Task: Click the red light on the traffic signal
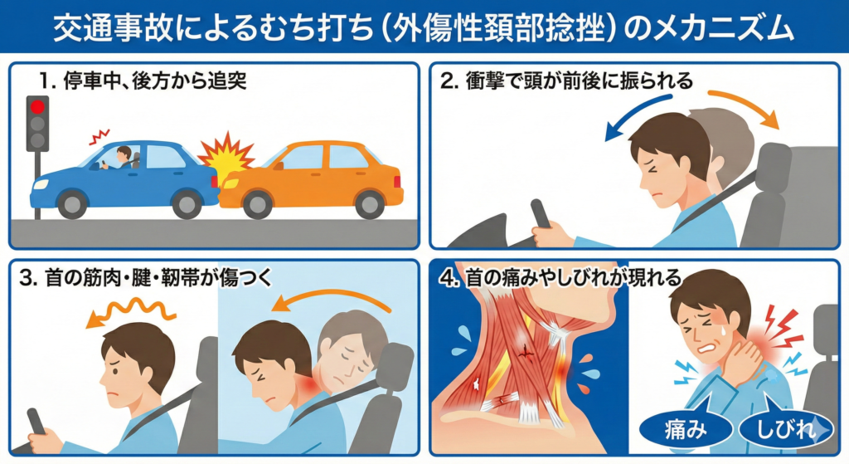tap(36, 107)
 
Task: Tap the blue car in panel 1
tap(124, 178)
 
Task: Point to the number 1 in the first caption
tap(42, 81)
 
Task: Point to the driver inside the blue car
tap(124, 158)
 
